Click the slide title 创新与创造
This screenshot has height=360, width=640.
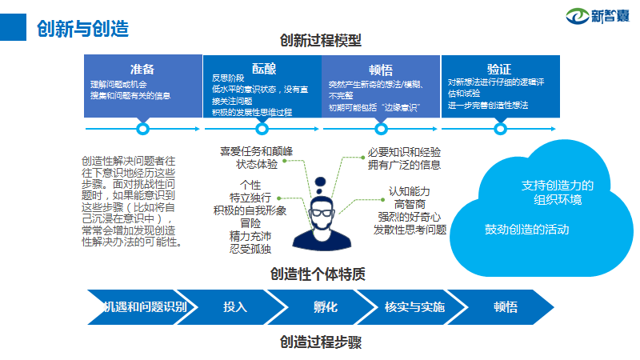[x=83, y=28]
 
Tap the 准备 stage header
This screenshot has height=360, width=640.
[x=142, y=69]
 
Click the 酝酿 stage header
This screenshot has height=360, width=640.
[x=262, y=69]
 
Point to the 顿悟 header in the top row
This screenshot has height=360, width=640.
[x=381, y=70]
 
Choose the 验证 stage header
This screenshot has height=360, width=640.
[x=499, y=69]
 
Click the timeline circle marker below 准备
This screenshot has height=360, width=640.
[x=143, y=128]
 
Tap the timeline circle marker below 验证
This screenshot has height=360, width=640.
[x=500, y=128]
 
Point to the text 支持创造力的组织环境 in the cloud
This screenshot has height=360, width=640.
[x=558, y=192]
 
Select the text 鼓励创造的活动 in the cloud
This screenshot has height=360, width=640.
[x=526, y=230]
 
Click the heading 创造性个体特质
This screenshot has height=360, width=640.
[x=320, y=274]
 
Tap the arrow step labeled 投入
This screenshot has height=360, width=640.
[x=235, y=306]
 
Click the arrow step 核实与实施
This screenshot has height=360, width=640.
[x=414, y=306]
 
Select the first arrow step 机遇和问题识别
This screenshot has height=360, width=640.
[x=144, y=306]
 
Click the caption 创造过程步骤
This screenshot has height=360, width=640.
[x=321, y=342]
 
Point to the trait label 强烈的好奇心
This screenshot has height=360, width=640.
[x=410, y=217]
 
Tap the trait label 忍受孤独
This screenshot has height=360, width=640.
[x=250, y=249]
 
